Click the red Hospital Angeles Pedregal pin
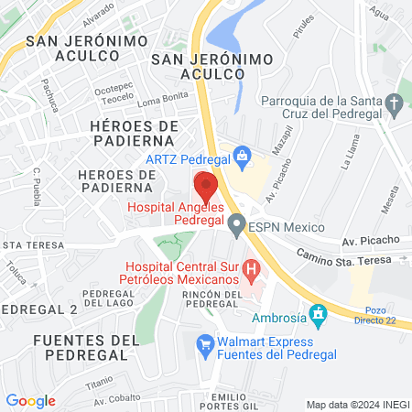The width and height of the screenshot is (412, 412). [x=206, y=186]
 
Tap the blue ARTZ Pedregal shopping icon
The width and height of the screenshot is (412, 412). [x=241, y=156]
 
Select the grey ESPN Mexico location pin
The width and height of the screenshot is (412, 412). [x=237, y=223]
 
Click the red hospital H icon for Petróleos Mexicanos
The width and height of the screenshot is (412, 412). [x=253, y=272]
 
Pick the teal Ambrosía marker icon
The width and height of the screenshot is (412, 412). [x=318, y=317]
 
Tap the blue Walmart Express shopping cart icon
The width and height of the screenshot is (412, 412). [x=205, y=343]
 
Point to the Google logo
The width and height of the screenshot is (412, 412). [x=31, y=401]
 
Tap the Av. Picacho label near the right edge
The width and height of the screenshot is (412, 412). [x=371, y=241]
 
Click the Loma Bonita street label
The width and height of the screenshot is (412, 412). [x=161, y=99]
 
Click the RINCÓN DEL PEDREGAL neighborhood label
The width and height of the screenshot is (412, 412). [x=217, y=298]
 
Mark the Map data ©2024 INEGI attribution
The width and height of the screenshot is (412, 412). [x=356, y=405]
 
